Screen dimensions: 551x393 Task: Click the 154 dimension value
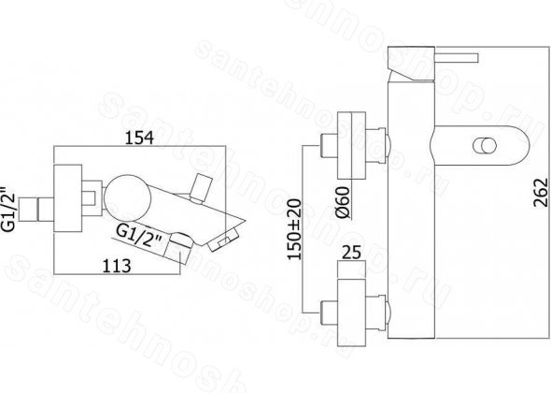pos(139,138)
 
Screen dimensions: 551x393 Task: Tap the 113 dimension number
pos(117,266)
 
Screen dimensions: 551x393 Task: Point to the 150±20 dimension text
pos(294,229)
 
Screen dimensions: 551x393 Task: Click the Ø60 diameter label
pos(343,202)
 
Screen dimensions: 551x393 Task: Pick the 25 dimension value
pos(351,252)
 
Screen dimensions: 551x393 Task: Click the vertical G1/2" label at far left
pos(8,208)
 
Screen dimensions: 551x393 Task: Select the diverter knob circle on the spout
pos(485,146)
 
